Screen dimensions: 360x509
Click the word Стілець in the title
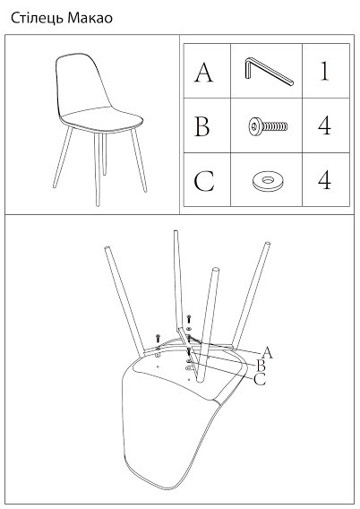[37, 18]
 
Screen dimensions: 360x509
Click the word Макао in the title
[90, 18]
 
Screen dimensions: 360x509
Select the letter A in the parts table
[203, 73]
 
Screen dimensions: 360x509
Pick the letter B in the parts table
[202, 126]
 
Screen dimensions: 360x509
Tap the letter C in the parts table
[204, 180]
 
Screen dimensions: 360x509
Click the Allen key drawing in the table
[268, 71]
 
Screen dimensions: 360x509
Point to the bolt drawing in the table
[268, 126]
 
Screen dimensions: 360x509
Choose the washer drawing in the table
[268, 180]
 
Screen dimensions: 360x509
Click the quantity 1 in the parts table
[325, 71]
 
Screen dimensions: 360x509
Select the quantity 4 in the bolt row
[325, 126]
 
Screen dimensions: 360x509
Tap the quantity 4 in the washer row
[325, 180]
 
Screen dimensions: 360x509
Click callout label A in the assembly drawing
[267, 352]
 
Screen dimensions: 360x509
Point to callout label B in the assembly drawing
[261, 366]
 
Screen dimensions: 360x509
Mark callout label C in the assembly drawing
[260, 379]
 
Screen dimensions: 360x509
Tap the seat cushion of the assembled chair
[102, 120]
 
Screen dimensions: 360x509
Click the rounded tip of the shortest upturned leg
[215, 270]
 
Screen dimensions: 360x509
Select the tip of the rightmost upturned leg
[268, 243]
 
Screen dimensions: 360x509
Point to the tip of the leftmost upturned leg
[107, 248]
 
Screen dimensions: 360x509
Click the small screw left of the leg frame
[158, 338]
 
